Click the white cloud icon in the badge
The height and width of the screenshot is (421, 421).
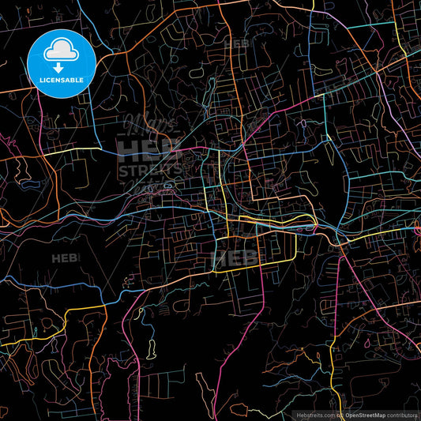click(62, 51)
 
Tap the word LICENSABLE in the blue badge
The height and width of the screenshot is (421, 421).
click(62, 81)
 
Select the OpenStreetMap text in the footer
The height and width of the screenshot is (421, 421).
click(363, 415)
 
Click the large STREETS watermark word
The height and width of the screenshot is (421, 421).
click(151, 169)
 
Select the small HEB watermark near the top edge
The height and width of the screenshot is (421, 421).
click(237, 43)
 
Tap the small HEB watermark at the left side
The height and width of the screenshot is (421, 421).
click(65, 258)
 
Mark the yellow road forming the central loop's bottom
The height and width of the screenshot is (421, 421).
click(253, 269)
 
